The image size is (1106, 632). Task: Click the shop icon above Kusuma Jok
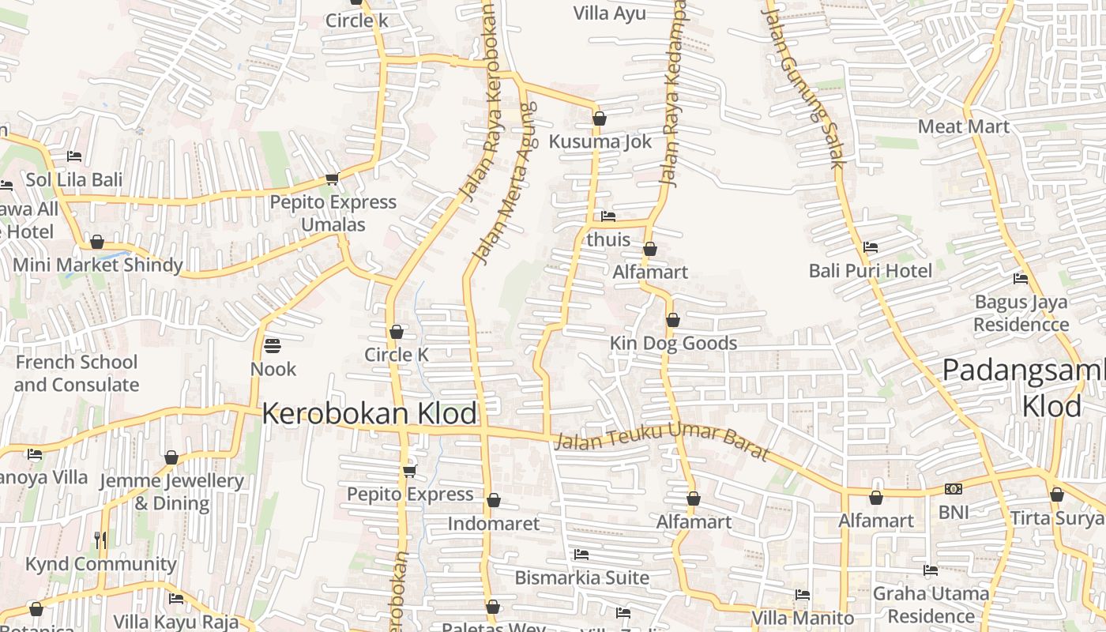(x=600, y=119)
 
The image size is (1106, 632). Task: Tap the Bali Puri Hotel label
(x=870, y=271)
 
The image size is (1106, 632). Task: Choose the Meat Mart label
(x=963, y=126)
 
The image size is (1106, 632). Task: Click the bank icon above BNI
(x=953, y=489)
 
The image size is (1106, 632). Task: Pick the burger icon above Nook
(x=273, y=346)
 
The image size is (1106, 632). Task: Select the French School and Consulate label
(x=77, y=374)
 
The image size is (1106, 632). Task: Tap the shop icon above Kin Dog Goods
(x=673, y=321)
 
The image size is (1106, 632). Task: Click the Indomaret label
(x=494, y=523)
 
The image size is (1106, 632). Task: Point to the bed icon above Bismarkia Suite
(x=581, y=555)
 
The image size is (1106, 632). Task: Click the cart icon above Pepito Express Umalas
(x=333, y=179)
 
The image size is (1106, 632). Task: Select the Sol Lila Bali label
(x=74, y=179)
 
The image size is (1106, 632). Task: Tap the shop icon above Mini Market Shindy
(x=97, y=242)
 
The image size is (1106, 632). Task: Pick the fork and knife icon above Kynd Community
(x=100, y=540)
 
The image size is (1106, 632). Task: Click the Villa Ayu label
(x=609, y=13)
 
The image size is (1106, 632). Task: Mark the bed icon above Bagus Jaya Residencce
(x=1021, y=279)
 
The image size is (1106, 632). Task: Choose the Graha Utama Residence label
(x=931, y=604)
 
